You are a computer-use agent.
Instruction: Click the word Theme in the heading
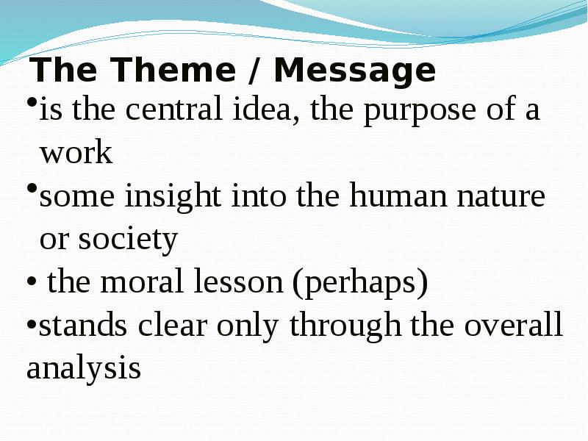[173, 70]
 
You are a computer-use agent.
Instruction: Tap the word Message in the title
[355, 72]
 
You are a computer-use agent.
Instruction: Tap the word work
[76, 152]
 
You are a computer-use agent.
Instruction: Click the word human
[398, 195]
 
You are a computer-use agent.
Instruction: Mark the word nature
[501, 196]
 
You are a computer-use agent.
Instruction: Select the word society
[127, 240]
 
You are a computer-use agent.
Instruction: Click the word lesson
[238, 282]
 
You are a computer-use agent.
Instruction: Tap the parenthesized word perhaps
[360, 284]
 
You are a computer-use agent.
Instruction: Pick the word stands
[83, 325]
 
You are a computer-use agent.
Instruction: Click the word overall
[514, 325]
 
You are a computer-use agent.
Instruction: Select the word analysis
[84, 367]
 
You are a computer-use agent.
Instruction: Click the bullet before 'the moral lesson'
[32, 282]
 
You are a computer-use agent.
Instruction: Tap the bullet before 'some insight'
[32, 187]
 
